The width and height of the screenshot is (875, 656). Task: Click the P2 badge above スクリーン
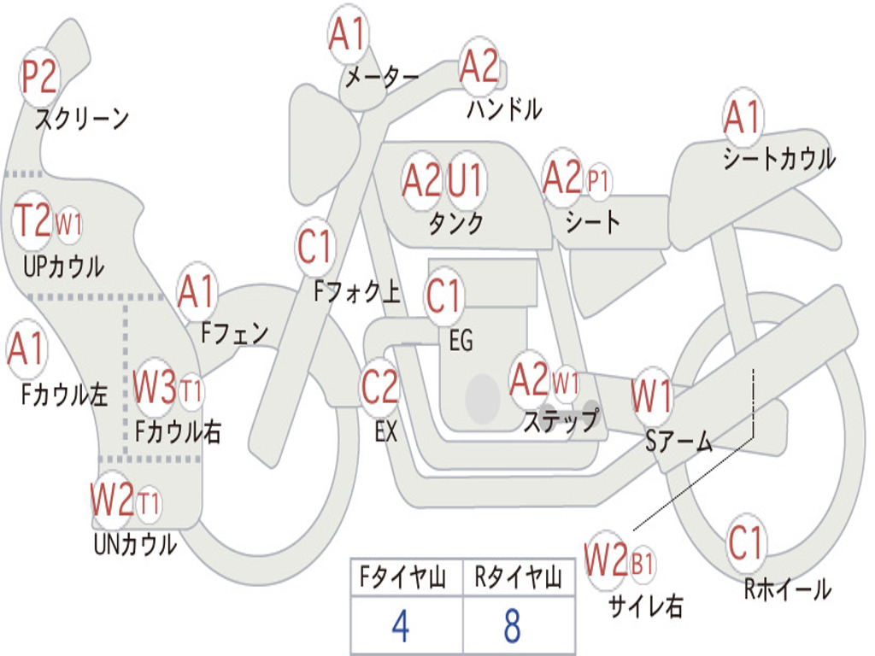click(x=38, y=78)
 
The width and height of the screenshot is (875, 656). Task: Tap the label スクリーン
click(x=81, y=119)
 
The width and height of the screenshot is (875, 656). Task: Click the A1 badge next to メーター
click(x=348, y=36)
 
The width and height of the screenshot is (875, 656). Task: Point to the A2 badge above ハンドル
click(x=479, y=67)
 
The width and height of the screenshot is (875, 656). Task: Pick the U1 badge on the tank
click(x=466, y=181)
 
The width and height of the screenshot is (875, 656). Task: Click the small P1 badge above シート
click(x=599, y=181)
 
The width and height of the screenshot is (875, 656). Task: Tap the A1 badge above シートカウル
click(x=742, y=118)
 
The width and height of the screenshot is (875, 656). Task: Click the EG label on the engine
click(x=461, y=341)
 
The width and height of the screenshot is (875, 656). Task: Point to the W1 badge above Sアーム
click(x=651, y=397)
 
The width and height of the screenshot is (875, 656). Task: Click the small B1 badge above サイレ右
click(x=642, y=564)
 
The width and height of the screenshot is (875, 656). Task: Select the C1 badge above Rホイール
click(x=746, y=542)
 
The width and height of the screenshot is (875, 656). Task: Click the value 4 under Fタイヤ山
click(x=400, y=627)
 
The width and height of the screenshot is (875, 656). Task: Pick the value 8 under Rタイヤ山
click(x=512, y=627)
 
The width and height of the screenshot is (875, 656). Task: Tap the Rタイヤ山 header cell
click(x=518, y=580)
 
